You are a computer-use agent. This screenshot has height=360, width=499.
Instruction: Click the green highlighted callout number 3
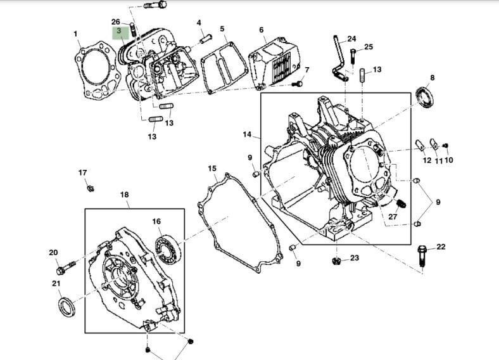coord(118,31)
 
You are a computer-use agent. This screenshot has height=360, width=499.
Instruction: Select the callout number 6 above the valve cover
coord(261,30)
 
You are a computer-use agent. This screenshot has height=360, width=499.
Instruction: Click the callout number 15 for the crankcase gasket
coord(212,169)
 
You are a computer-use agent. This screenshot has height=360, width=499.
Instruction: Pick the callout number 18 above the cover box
coord(124,195)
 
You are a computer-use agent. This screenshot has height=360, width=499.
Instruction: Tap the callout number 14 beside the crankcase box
coord(247,134)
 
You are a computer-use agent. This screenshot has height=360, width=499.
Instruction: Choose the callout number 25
coord(368,48)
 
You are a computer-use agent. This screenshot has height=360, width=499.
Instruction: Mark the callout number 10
coord(449,160)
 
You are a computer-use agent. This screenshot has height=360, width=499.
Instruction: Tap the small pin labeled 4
coord(205,37)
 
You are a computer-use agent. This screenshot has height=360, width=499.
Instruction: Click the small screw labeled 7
coord(300,83)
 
